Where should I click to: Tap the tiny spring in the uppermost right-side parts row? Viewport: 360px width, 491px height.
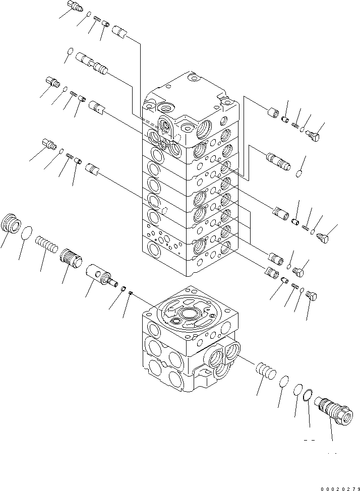tap(295, 124)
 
